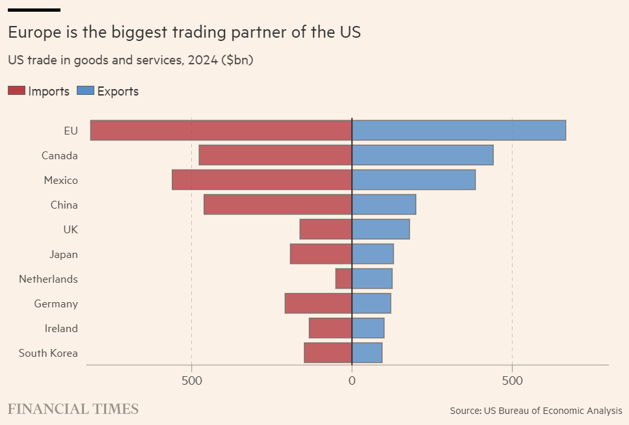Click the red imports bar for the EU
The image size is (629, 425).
point(221,130)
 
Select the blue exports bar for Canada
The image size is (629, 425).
point(422,155)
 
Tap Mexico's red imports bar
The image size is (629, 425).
point(261,180)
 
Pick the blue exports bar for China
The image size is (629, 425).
point(384,205)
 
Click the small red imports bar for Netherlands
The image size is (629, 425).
point(343,279)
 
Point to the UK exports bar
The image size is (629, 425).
point(381,229)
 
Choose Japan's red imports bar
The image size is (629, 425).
point(321,254)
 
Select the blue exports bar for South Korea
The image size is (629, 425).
point(367,353)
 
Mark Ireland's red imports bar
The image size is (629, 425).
point(330,328)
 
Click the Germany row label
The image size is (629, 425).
point(56,303)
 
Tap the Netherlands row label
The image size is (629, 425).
point(48,279)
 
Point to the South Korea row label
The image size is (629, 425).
point(48,353)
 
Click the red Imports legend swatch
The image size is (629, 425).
point(16,91)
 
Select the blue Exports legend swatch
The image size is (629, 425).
point(85,91)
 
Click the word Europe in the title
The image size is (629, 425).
point(29,32)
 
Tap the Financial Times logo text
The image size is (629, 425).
point(73,409)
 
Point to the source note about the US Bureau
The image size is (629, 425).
point(535,411)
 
